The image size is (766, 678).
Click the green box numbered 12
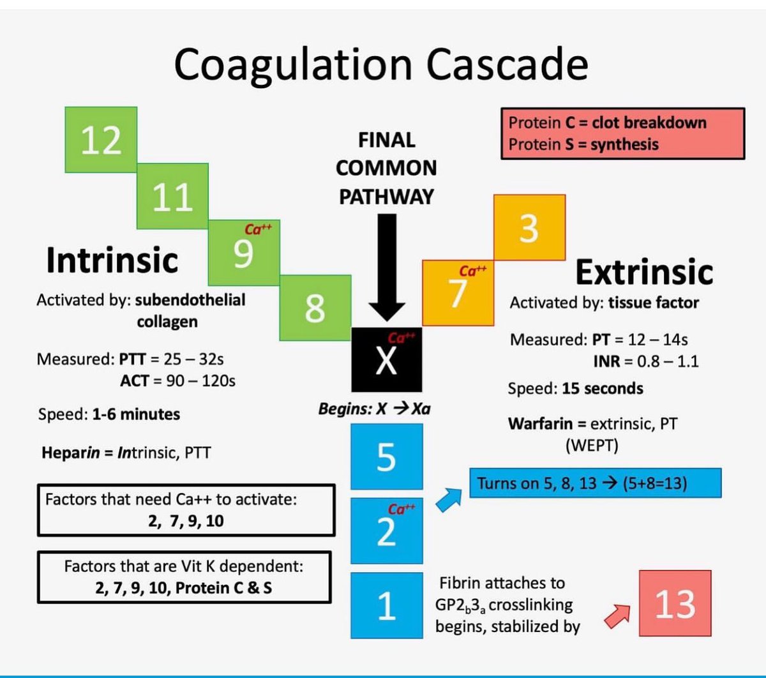coord(101,140)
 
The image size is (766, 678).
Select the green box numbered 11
coord(172,195)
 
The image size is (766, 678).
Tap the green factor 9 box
coord(244,253)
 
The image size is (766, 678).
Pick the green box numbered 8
coord(315,308)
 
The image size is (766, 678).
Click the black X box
coord(386,359)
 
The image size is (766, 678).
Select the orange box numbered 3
coord(529,227)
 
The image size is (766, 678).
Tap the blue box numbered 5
coord(386,456)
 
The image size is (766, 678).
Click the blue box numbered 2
coord(386,531)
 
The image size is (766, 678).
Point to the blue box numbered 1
coord(386,605)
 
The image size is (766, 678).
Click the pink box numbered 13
coord(675,603)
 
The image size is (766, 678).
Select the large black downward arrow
coord(387,268)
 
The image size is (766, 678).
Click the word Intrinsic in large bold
coord(112,260)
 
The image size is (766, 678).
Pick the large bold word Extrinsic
coord(643,272)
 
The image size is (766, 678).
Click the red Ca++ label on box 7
coord(472,271)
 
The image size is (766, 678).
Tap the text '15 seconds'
coord(603,389)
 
